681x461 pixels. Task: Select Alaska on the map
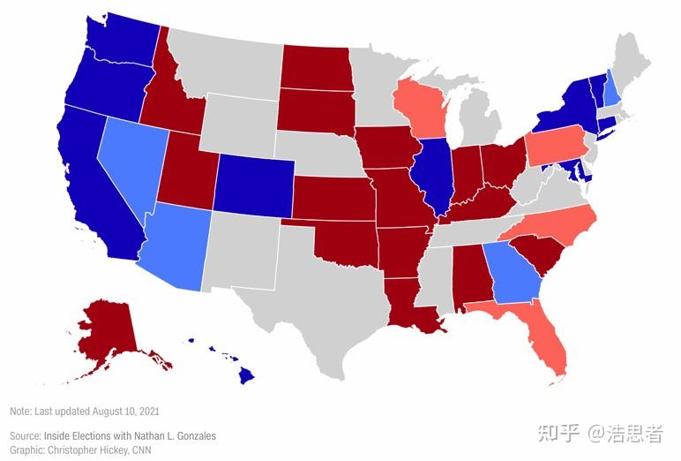(x=110, y=331)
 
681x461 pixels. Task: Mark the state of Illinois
(x=436, y=177)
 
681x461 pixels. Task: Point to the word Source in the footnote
(x=26, y=435)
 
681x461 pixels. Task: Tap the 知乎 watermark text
(x=561, y=433)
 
